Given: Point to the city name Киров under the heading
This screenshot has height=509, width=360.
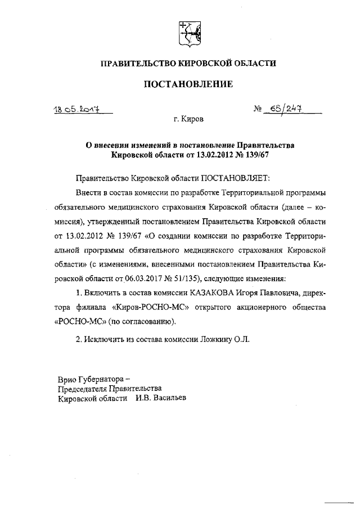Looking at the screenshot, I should pyautogui.click(x=194, y=119).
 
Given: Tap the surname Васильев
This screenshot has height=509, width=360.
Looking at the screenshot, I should pyautogui.click(x=169, y=398).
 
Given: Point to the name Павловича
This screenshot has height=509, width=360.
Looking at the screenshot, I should pyautogui.click(x=270, y=293).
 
